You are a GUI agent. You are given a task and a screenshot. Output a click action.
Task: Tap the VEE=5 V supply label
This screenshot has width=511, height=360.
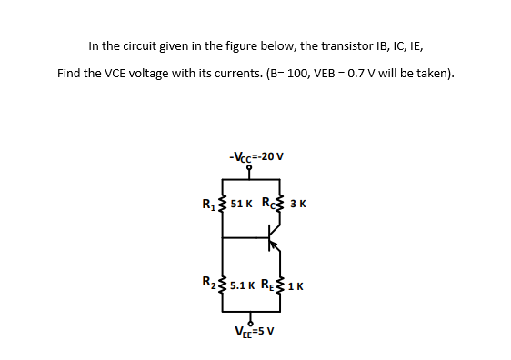click(x=255, y=331)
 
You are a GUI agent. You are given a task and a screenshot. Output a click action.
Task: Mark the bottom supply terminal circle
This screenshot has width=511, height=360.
click(x=249, y=317)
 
